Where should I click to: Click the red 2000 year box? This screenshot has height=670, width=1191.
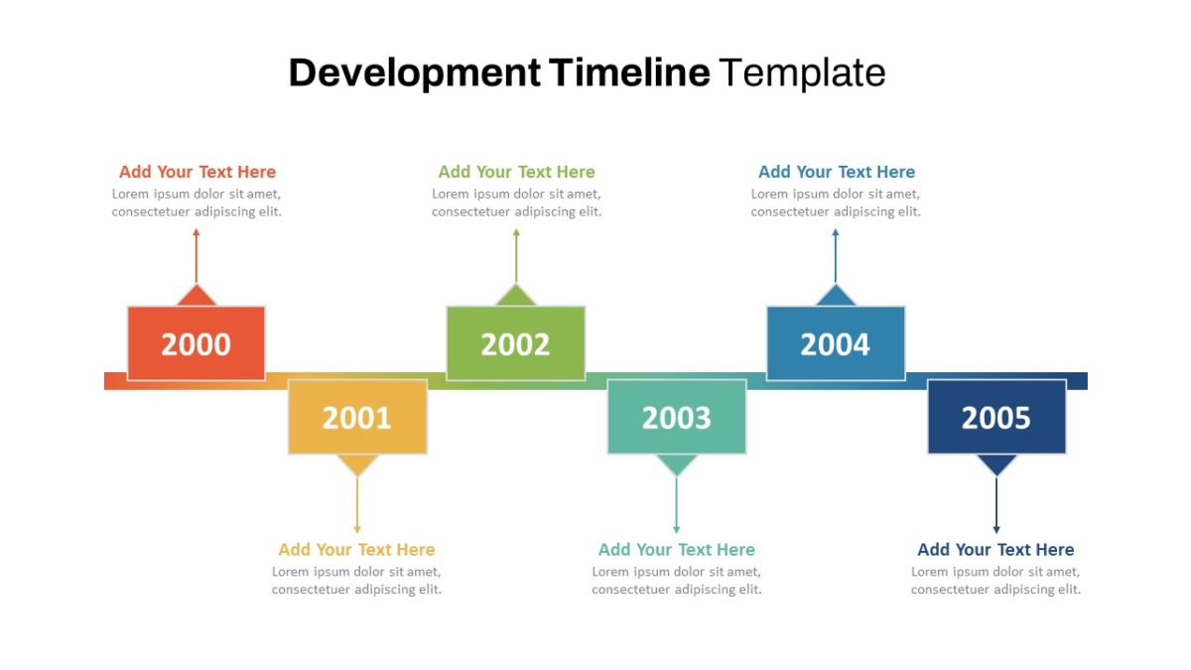tap(197, 343)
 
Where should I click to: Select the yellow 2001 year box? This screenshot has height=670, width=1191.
tap(357, 417)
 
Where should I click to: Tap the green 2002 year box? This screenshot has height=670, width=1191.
tap(516, 343)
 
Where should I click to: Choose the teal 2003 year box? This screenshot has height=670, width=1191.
tap(677, 417)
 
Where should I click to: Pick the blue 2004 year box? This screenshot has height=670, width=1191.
tap(836, 343)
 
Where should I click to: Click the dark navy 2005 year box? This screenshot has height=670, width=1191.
tap(996, 417)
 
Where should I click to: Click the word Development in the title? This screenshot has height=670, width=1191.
tap(415, 73)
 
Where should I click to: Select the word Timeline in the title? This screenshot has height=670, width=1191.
tap(629, 72)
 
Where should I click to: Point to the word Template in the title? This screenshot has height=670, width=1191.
tap(803, 73)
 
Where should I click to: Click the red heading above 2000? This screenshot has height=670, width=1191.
tap(198, 172)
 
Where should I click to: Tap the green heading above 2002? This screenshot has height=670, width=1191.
tap(516, 172)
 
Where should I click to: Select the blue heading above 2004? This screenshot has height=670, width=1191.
tap(837, 172)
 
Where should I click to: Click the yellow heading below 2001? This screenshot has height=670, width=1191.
tap(356, 549)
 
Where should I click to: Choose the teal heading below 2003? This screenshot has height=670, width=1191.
tap(677, 549)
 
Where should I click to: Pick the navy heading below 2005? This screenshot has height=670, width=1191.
tap(995, 549)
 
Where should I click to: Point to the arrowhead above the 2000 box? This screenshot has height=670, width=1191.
tap(197, 232)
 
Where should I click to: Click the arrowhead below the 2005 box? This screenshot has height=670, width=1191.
tap(996, 530)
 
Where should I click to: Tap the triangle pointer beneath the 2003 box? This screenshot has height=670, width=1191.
tap(676, 464)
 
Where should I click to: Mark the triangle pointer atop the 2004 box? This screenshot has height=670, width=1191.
tap(836, 297)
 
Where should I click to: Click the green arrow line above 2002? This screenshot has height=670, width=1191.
tap(516, 256)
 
